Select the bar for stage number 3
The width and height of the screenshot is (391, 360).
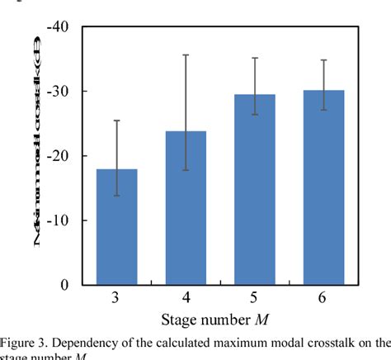117,227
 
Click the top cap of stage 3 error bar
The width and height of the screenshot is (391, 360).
117,121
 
